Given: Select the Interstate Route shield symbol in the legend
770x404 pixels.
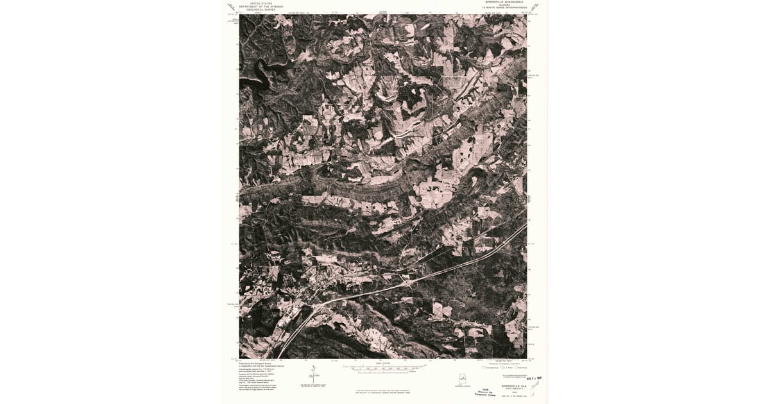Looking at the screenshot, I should pos(485,368).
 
